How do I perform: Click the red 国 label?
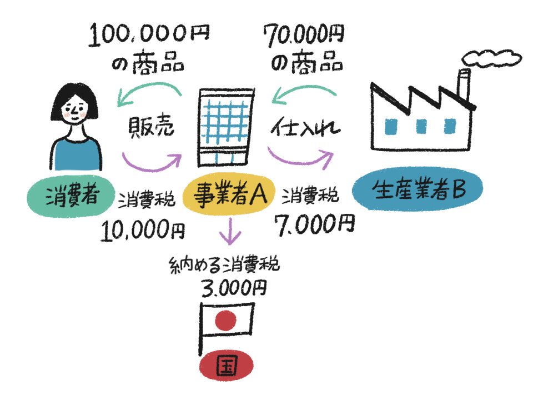(x=227, y=367)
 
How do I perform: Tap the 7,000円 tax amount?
(x=314, y=224)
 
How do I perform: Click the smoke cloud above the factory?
(x=491, y=56)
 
